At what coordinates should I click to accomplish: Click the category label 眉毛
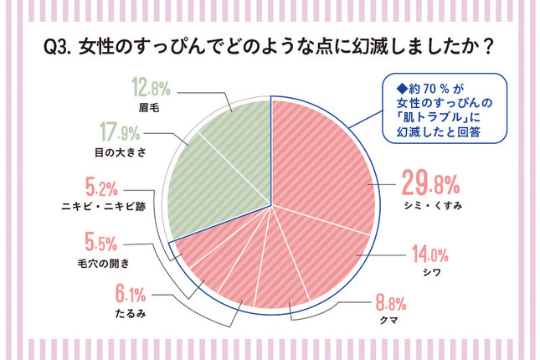click(150, 106)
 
